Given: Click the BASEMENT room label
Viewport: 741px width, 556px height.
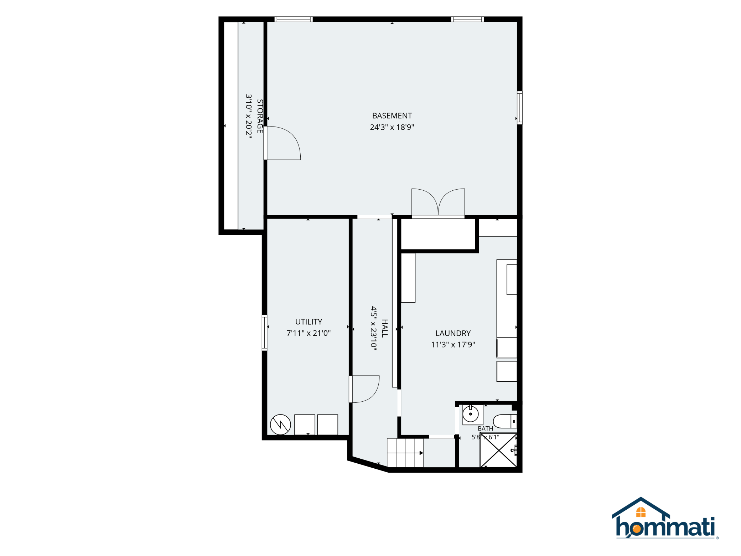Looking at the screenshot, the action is (392, 116).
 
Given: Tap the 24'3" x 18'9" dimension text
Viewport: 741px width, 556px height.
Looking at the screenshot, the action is (392, 127).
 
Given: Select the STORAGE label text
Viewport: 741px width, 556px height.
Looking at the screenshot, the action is (260, 116).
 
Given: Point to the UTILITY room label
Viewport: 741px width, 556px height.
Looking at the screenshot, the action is (309, 322).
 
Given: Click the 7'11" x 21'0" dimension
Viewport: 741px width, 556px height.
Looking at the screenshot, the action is (309, 333).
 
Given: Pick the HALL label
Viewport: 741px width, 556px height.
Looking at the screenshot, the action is (385, 328).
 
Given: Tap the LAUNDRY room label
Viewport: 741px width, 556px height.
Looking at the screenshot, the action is (453, 333).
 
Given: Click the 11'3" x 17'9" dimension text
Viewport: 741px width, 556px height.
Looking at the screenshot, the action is (453, 345).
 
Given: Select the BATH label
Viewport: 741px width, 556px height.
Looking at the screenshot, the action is (486, 429).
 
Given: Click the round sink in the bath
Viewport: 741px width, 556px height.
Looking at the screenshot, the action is (471, 414).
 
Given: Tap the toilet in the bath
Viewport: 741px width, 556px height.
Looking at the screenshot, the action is (505, 421).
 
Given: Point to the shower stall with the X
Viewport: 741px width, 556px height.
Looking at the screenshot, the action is (499, 450).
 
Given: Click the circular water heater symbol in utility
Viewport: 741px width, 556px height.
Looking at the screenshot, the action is (280, 424).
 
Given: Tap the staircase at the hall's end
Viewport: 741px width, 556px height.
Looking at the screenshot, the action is (405, 453).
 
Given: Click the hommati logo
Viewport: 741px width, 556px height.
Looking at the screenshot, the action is (665, 518).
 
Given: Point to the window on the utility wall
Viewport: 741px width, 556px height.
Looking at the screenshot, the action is (264, 333).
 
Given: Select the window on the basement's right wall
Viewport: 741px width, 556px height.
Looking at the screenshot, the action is (520, 108).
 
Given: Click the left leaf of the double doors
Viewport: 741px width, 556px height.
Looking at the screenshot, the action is (425, 202).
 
